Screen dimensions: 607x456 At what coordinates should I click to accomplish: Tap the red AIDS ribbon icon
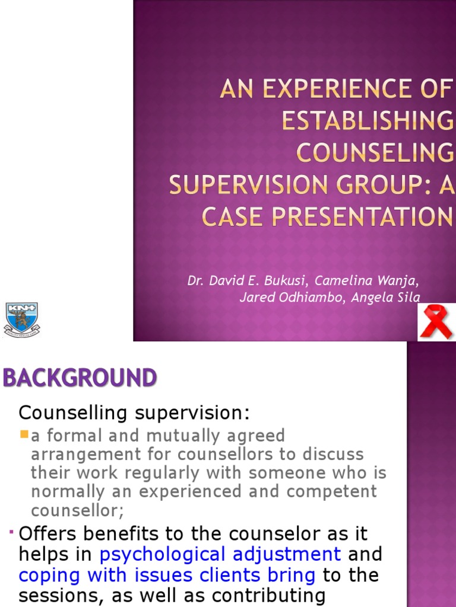click(x=436, y=322)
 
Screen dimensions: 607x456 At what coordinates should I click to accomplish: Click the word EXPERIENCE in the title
click(x=332, y=90)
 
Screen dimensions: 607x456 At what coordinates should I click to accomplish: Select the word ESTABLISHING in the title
click(x=368, y=122)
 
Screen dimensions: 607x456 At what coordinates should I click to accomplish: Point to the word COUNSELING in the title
click(x=375, y=153)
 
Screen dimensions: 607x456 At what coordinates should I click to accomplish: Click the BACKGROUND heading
click(x=80, y=378)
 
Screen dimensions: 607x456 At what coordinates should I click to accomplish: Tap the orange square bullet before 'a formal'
click(x=24, y=435)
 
